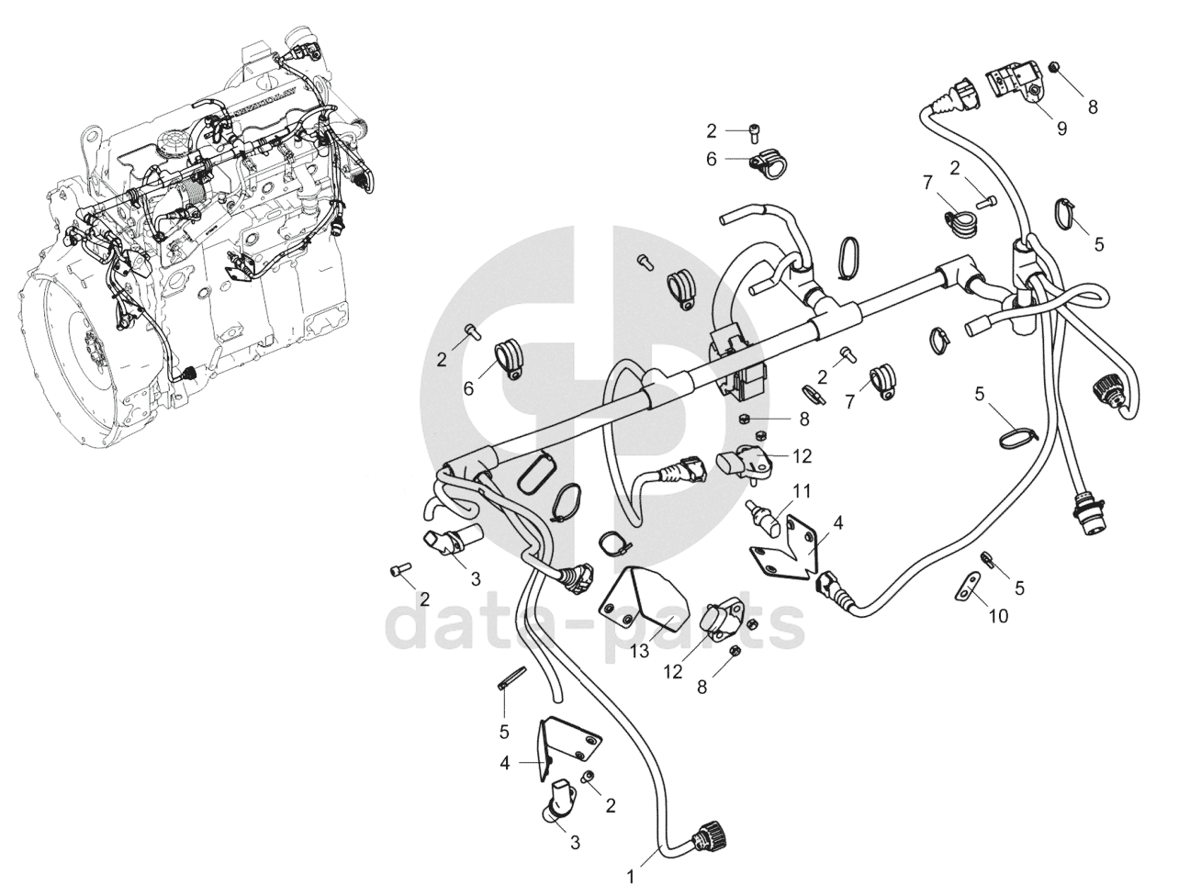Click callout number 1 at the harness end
click(x=630, y=877)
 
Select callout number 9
click(x=1061, y=129)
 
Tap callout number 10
click(x=998, y=616)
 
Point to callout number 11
click(x=803, y=491)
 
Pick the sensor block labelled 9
click(x=1016, y=84)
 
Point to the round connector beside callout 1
click(x=710, y=837)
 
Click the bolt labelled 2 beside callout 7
click(x=985, y=197)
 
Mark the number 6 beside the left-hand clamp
click(x=468, y=388)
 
